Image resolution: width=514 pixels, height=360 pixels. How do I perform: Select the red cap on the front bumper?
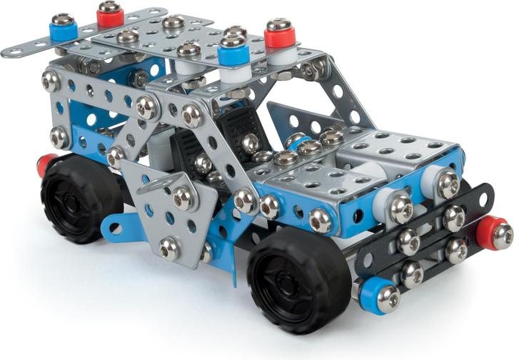490,233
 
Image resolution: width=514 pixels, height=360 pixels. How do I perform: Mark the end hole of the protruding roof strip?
13,51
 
